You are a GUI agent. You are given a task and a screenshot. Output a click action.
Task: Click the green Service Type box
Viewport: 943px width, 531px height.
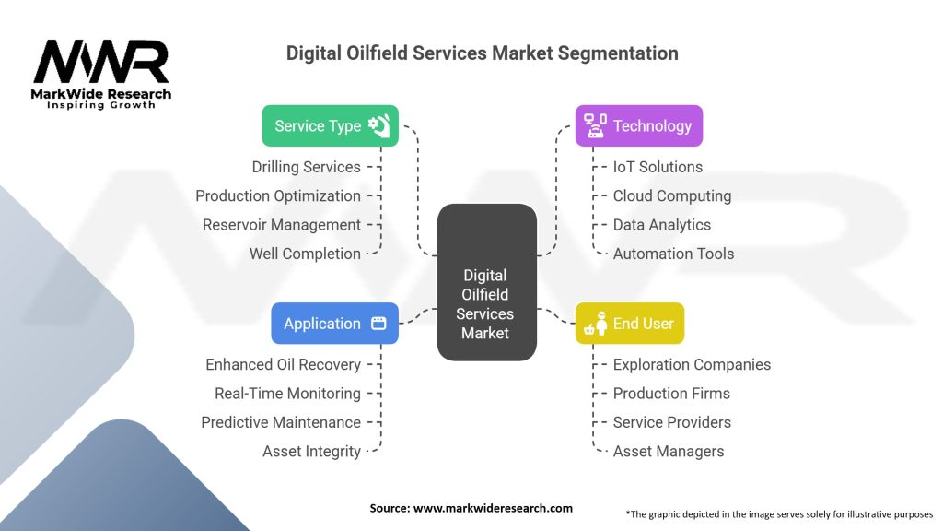tap(331, 125)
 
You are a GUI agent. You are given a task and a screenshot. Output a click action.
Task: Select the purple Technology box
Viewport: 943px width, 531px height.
tap(638, 125)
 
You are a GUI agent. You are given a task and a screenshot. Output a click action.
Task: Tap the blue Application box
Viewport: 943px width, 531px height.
tap(334, 324)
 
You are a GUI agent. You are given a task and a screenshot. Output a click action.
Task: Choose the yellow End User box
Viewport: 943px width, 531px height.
tap(629, 324)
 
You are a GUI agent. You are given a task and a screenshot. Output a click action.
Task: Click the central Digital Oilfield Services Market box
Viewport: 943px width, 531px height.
tap(485, 294)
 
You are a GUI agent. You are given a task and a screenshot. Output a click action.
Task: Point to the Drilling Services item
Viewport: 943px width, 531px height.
tap(306, 167)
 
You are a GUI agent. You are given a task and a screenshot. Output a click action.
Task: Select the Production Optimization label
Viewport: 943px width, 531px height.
tap(278, 195)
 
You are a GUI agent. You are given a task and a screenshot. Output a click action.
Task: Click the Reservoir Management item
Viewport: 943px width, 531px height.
tap(282, 225)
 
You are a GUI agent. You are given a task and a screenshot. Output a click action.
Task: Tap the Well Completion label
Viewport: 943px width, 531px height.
tap(305, 254)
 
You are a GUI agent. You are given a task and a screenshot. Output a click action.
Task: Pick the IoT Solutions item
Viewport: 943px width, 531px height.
tap(658, 167)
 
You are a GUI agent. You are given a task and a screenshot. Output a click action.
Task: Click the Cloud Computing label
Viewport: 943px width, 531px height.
tap(672, 195)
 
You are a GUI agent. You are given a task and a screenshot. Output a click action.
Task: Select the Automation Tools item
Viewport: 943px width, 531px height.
tap(673, 254)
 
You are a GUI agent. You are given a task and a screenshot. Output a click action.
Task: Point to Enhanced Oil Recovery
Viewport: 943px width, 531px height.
tap(283, 364)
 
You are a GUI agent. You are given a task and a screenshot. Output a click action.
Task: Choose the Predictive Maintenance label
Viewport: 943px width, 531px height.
tap(281, 422)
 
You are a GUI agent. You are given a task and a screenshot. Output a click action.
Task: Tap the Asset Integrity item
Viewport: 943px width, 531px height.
tap(311, 452)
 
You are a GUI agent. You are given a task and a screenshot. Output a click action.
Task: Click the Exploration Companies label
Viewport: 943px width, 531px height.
tap(692, 364)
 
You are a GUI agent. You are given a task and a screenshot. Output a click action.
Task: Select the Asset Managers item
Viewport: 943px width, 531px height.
tap(669, 452)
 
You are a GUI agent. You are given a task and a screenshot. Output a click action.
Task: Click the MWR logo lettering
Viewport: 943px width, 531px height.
tap(101, 63)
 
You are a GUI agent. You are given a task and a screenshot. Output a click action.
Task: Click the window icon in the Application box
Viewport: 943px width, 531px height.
tap(378, 324)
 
